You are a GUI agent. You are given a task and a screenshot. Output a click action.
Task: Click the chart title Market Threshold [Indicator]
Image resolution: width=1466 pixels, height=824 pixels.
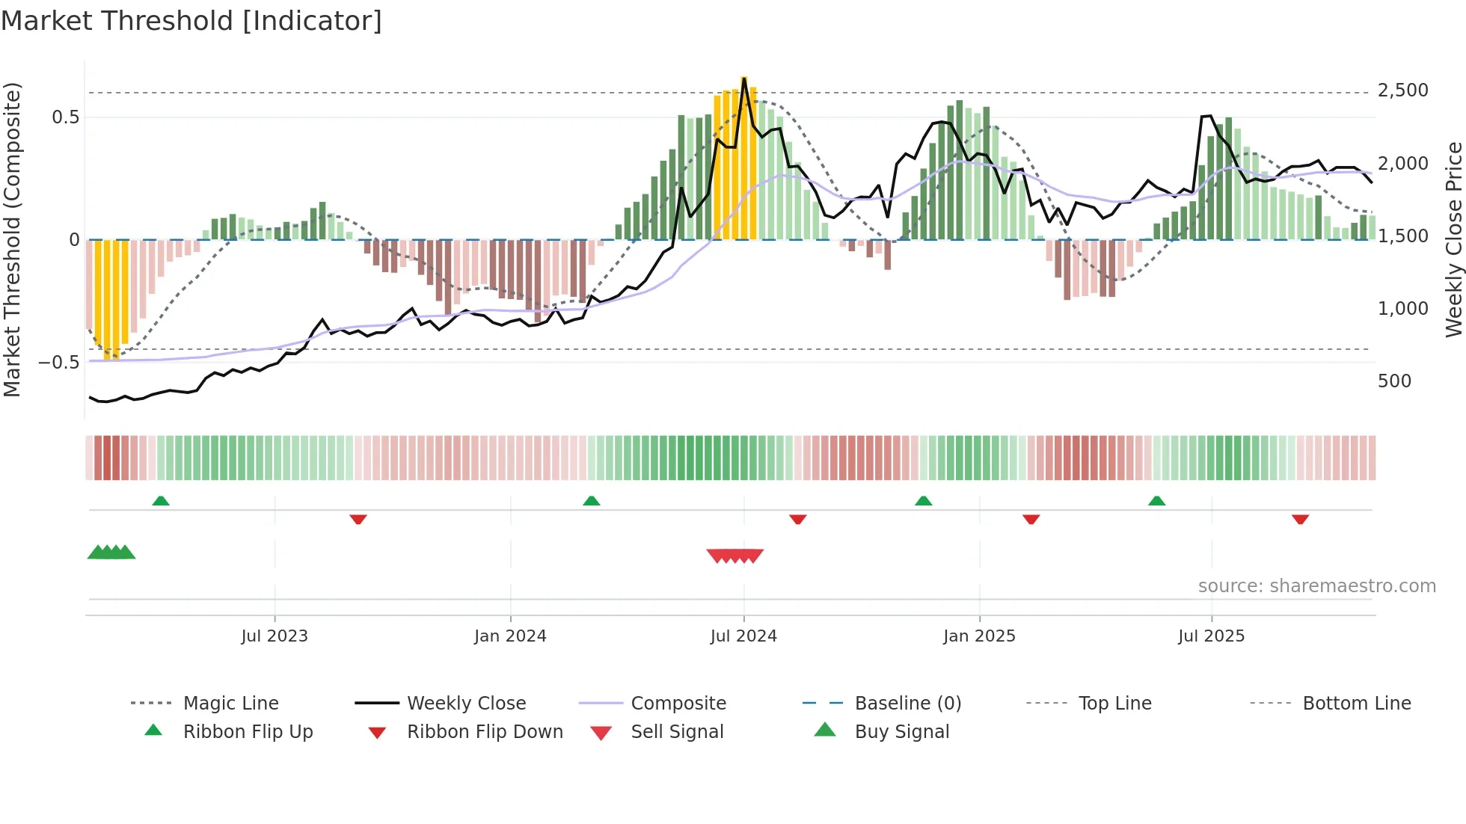[x=191, y=21]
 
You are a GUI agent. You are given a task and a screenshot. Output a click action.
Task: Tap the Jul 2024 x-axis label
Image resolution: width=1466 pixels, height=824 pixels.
[x=743, y=636]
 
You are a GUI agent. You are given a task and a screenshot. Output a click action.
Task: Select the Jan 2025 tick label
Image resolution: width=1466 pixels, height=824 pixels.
[x=979, y=636]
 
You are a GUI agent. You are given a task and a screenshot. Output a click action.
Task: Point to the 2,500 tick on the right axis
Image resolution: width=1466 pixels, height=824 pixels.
[x=1402, y=90]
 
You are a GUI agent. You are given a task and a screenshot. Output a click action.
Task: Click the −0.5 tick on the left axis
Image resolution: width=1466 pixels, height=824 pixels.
[x=58, y=363]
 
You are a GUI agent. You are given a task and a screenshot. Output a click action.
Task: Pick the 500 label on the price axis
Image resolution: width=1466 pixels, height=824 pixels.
[x=1394, y=381]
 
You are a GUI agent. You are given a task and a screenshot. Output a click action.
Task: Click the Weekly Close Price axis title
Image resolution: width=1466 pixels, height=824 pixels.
[x=1453, y=239]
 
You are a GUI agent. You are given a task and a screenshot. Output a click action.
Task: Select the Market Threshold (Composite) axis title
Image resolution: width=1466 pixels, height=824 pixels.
[x=12, y=239]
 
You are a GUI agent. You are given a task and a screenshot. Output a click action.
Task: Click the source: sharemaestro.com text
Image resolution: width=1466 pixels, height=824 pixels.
[x=1316, y=586]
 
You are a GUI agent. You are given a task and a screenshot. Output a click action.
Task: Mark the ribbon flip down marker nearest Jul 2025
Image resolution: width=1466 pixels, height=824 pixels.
[x=1300, y=519]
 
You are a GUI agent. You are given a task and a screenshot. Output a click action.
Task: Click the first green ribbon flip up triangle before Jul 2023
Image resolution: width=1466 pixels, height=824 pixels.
[x=161, y=501]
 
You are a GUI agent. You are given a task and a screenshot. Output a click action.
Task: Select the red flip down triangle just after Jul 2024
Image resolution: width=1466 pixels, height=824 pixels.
[x=797, y=519]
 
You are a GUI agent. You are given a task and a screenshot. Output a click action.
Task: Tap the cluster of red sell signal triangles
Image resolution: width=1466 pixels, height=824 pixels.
[x=735, y=556]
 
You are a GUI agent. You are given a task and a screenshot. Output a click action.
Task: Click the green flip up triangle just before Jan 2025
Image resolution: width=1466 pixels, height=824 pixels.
[x=923, y=501]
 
